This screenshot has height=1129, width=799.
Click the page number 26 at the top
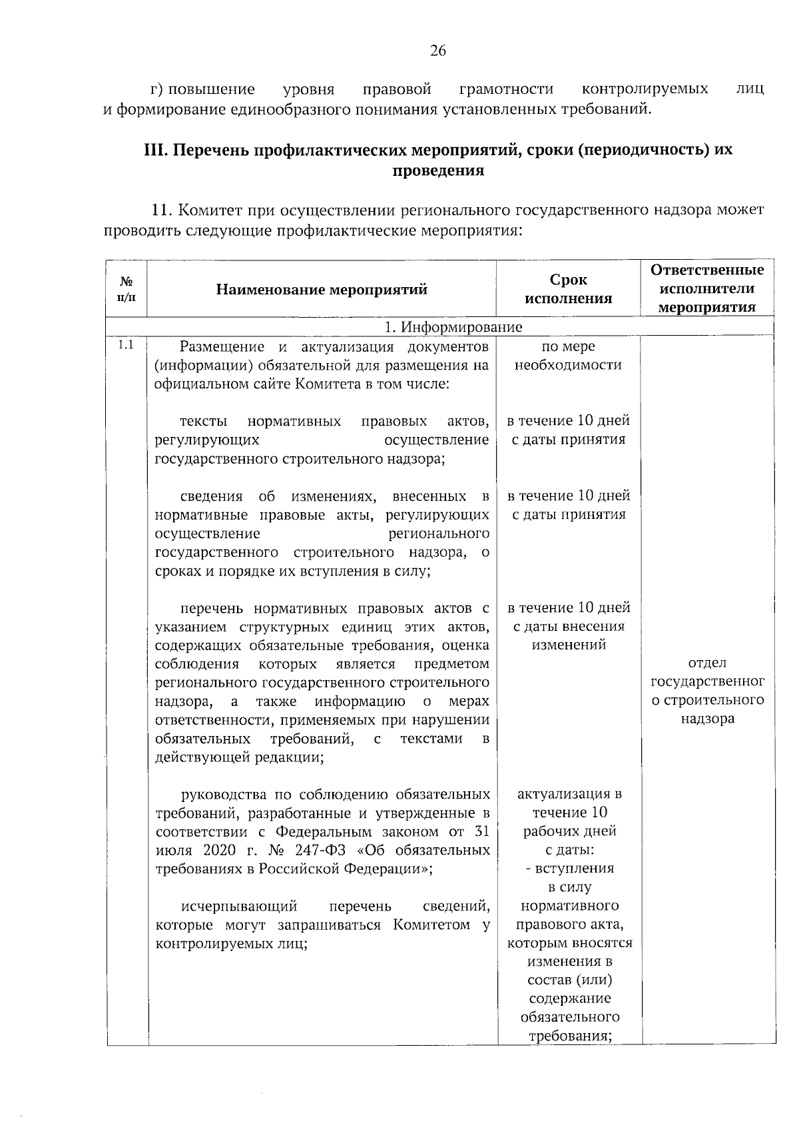437,51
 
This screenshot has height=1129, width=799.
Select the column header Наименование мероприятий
322,290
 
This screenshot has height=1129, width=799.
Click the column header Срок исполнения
568,289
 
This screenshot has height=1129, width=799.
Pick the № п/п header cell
126,290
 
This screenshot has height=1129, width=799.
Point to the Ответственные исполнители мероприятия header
707,288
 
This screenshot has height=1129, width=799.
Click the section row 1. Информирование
454,326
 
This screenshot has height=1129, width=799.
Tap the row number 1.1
126,345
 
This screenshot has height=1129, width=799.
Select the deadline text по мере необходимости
568,356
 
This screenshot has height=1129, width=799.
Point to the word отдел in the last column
707,663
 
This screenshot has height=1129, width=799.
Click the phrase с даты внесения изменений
568,635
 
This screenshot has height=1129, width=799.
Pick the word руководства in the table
222,795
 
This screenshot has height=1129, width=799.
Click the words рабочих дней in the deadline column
569,831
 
